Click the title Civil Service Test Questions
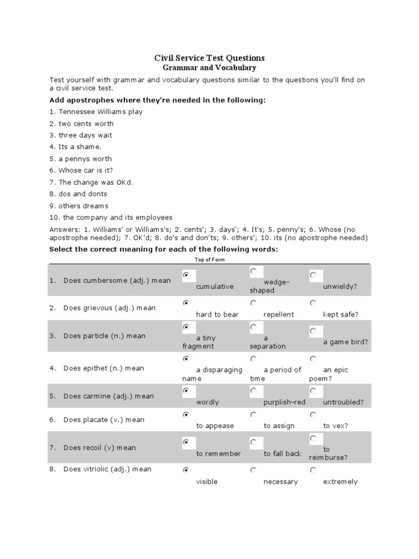point(209,57)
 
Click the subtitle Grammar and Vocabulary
point(209,68)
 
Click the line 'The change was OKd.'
point(91,182)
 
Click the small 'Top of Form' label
point(209,260)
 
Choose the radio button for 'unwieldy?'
point(313,275)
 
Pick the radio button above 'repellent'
point(253,302)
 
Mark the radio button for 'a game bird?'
point(313,331)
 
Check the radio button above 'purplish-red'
point(253,391)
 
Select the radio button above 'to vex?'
point(313,415)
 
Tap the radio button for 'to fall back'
point(253,442)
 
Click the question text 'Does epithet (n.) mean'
point(104,368)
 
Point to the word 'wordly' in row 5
point(207,402)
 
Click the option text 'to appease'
point(215,426)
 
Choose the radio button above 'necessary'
point(253,469)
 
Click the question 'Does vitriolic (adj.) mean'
point(107,469)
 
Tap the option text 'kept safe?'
point(340,314)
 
